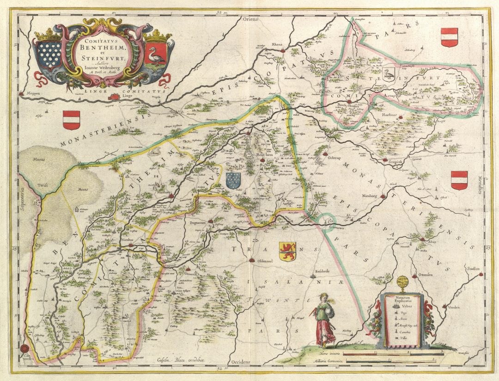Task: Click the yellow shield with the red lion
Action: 287,251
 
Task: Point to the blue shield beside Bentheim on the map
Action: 233,180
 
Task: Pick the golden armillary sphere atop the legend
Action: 402,283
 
